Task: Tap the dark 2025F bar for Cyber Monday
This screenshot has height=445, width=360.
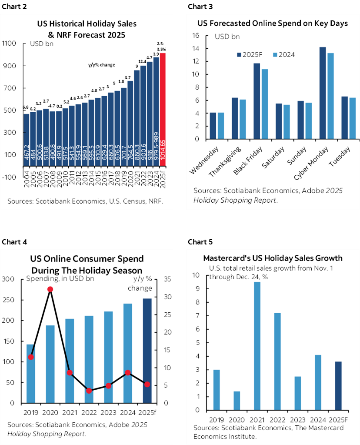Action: (x=323, y=93)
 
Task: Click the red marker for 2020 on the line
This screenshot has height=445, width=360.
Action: (x=50, y=289)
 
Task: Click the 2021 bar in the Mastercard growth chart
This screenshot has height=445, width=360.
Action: (x=257, y=346)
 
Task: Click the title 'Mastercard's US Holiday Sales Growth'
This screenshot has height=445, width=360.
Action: (x=272, y=258)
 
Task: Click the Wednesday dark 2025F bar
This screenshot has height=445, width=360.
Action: (x=213, y=126)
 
